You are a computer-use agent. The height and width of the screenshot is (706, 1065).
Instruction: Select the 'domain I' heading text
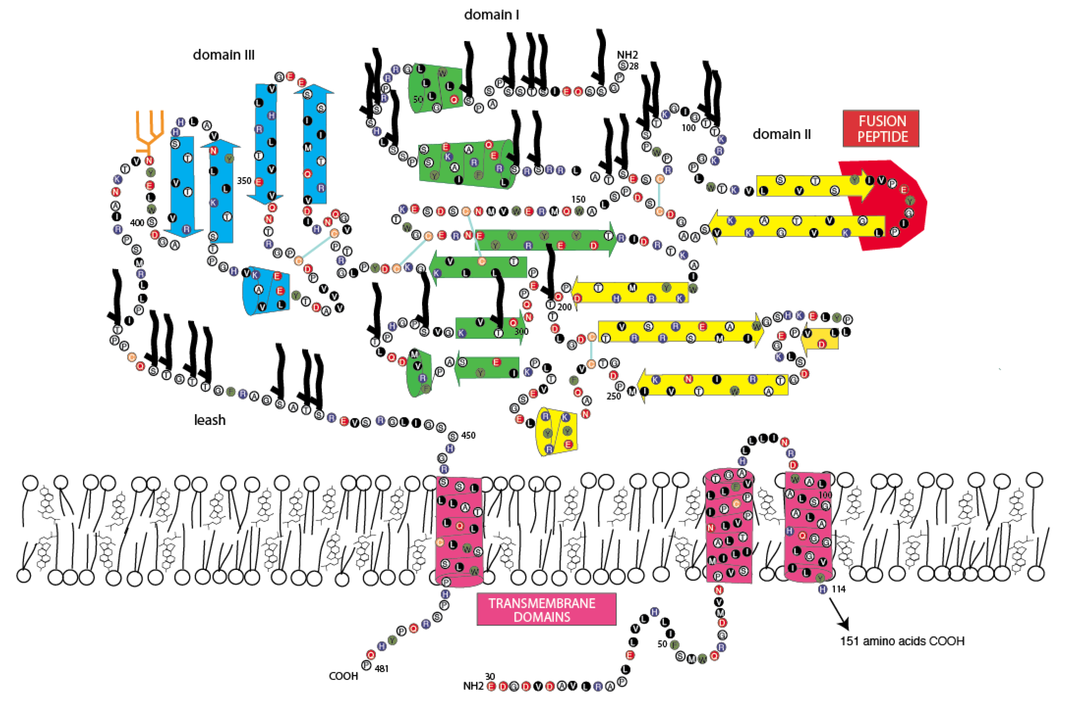coord(491,15)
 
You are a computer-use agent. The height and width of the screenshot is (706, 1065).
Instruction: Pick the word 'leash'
coord(210,420)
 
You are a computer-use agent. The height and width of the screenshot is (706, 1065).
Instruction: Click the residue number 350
coord(244,181)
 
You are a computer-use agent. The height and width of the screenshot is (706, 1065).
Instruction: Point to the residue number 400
coord(137,222)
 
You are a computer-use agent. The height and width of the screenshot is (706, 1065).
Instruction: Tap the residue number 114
coord(838,589)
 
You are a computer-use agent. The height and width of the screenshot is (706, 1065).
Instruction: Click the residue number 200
coord(565,306)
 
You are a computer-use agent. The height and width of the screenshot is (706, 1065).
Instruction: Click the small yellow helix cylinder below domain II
coord(557,431)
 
